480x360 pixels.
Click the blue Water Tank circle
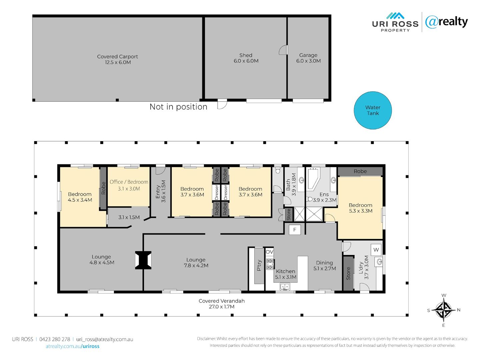tap(372, 110)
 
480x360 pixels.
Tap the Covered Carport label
tap(117, 59)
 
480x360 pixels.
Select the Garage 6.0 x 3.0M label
tap(308, 58)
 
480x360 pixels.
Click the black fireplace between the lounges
tap(143, 260)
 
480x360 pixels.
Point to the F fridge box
tap(295, 230)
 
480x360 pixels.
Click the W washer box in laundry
tap(376, 250)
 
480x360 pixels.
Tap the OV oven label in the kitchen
tap(269, 252)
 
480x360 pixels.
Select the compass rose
tap(444, 310)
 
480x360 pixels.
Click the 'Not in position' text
tap(178, 107)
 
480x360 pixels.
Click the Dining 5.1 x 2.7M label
tap(325, 266)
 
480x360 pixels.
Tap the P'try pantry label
tap(259, 265)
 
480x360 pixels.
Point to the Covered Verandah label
tap(222, 304)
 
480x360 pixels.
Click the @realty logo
tap(446, 22)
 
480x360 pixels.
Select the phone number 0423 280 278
tap(55, 339)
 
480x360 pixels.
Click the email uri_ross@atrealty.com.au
tap(105, 339)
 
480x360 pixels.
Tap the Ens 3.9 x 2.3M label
tap(324, 197)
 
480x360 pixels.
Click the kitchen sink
tap(285, 286)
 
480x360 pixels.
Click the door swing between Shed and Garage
tap(283, 50)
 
